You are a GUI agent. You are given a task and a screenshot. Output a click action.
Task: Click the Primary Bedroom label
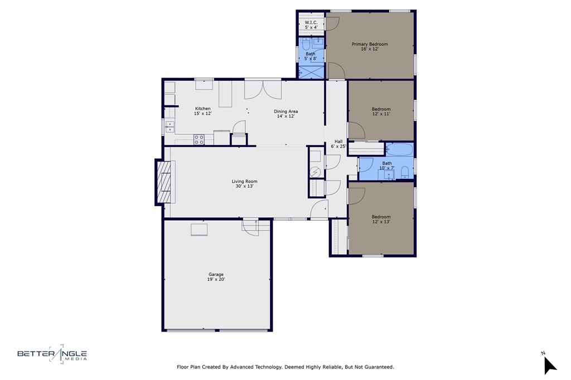(x=369, y=46)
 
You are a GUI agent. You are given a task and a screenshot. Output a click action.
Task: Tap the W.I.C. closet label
(x=311, y=25)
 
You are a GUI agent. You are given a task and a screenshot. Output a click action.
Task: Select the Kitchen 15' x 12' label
(x=202, y=111)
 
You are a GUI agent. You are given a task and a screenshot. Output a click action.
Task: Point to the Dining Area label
(x=285, y=114)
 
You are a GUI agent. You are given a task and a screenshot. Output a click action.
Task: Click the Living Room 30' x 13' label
(x=244, y=183)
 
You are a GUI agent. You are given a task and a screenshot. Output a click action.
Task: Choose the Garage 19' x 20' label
(x=216, y=276)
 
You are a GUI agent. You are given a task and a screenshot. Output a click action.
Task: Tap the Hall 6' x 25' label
(x=338, y=144)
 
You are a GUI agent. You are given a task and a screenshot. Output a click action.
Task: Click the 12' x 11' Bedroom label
(x=381, y=111)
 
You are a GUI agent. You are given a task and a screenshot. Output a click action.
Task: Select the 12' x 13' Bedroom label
(x=381, y=219)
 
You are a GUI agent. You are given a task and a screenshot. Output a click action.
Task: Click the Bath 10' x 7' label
(x=386, y=165)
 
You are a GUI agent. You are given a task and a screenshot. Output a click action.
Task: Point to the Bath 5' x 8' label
(x=310, y=56)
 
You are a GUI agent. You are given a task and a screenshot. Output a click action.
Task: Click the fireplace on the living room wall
(x=164, y=182)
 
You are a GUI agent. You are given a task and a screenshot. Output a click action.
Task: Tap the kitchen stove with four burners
(x=199, y=139)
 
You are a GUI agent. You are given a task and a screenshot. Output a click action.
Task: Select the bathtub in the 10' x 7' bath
(x=399, y=149)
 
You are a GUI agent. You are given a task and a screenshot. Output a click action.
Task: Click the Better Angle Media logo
(x=52, y=354)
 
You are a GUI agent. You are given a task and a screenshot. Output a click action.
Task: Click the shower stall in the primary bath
(x=311, y=72)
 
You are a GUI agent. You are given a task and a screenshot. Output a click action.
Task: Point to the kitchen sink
(x=170, y=127)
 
